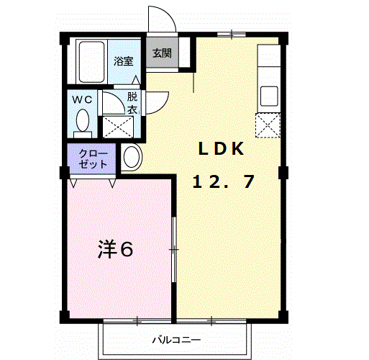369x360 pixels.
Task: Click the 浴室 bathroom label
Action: coord(124,61)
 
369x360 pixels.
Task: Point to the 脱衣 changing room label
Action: coord(132,102)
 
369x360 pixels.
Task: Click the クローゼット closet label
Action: coord(93,158)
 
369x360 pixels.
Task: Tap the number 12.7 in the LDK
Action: coord(222,181)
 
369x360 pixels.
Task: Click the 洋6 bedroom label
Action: coord(116,250)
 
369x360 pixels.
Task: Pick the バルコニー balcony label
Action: coord(175,339)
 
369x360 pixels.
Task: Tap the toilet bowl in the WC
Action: coord(83,120)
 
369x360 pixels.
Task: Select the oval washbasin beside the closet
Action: coord(131,157)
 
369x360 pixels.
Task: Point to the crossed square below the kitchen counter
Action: coord(268,126)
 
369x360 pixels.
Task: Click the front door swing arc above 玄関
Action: coord(163,18)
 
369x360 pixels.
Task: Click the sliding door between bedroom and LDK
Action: coord(173,249)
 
